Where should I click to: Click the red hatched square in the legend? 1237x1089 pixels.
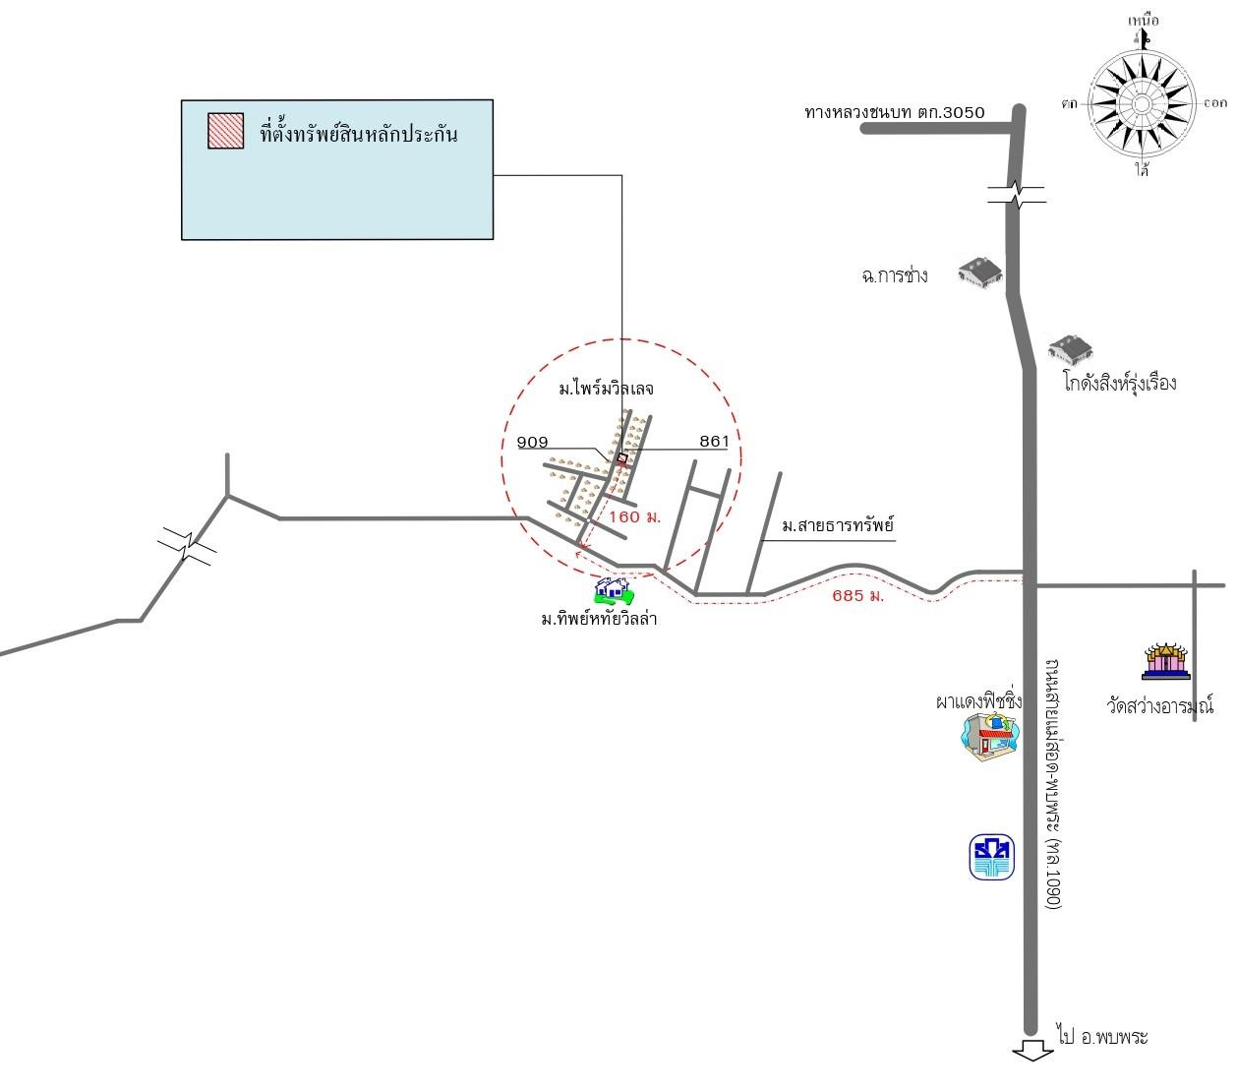pos(225,131)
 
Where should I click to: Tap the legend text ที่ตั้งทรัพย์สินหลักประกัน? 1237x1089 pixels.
pos(359,133)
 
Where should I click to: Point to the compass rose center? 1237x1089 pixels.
pos(1141,103)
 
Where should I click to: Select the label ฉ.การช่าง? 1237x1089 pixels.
pos(894,275)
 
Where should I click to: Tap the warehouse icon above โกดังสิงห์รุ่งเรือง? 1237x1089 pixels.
pos(1070,348)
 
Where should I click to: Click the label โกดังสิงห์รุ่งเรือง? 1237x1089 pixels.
pos(1119,383)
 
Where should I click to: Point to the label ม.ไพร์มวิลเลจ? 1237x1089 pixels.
pos(607,389)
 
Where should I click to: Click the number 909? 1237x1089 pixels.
pos(532,443)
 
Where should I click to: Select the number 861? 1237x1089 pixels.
pos(714,442)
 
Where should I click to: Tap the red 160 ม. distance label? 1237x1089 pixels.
pos(634,516)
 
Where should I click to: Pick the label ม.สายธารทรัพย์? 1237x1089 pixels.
pos(838,526)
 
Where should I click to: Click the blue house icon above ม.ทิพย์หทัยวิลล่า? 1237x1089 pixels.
pos(613,590)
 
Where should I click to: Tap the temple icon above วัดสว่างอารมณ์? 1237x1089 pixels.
pos(1165,662)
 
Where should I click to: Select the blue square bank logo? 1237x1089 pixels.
pos(991,857)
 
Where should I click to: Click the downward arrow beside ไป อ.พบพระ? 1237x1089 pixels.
pos(1031,1051)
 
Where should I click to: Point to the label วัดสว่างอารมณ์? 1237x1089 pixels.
pos(1159,705)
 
